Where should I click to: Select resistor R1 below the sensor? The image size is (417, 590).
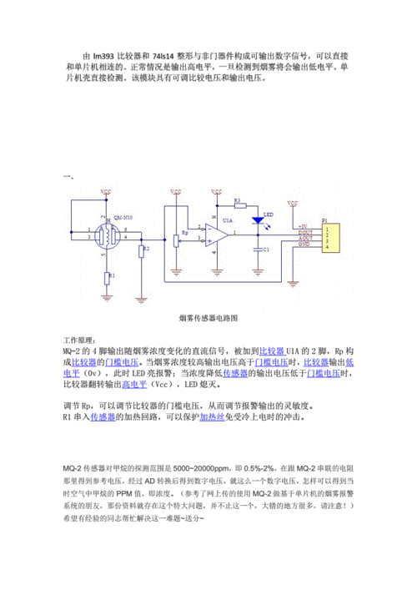pyautogui.click(x=106, y=274)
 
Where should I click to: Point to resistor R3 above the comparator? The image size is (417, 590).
pyautogui.click(x=237, y=204)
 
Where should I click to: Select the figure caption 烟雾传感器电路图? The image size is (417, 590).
pyautogui.click(x=208, y=318)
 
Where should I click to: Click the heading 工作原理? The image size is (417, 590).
pyautogui.click(x=81, y=341)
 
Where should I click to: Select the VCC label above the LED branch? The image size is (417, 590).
pyautogui.click(x=217, y=192)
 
